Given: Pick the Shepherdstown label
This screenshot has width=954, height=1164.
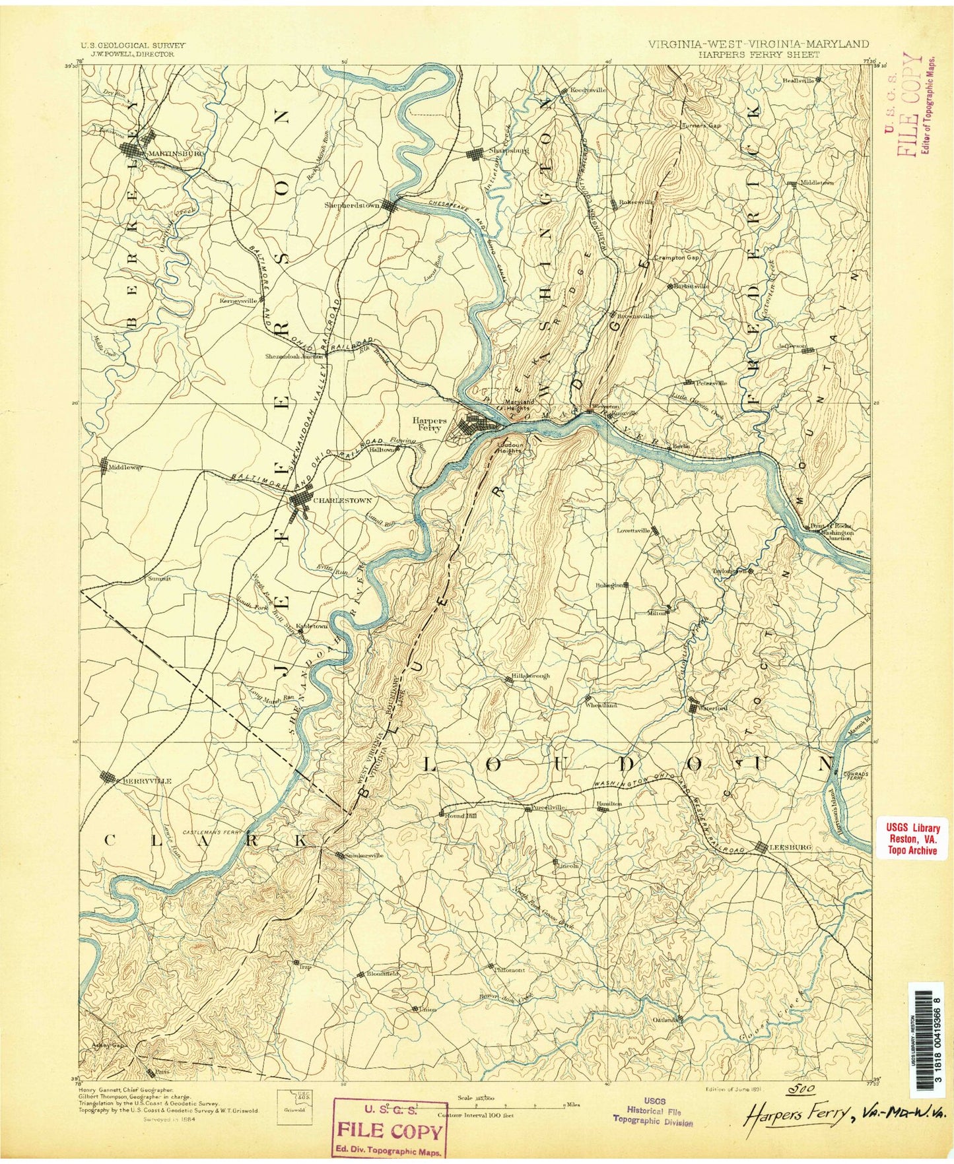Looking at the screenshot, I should click(351, 205).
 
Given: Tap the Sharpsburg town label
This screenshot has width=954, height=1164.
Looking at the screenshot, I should click(508, 150).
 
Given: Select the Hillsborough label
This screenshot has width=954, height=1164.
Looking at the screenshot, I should click(530, 676).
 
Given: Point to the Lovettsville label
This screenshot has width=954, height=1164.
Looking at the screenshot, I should click(634, 530).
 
